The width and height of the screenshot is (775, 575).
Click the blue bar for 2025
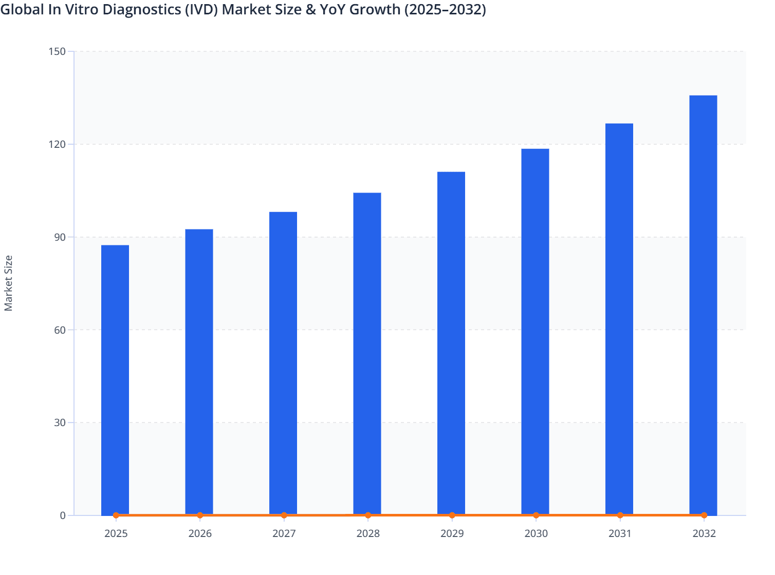click(x=115, y=380)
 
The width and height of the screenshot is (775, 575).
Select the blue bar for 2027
click(x=283, y=363)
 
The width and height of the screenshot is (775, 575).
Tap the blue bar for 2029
click(x=451, y=343)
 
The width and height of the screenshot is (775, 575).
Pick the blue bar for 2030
click(x=535, y=332)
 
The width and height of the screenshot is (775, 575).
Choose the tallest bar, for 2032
click(x=703, y=305)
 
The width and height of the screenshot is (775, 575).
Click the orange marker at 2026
click(x=200, y=515)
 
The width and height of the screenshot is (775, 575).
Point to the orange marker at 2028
click(x=368, y=515)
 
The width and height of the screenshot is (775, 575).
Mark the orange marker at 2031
click(x=620, y=515)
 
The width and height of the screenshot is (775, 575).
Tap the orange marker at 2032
click(x=704, y=515)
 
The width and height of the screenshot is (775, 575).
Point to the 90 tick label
click(x=61, y=237)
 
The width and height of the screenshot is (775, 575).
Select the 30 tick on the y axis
click(x=61, y=423)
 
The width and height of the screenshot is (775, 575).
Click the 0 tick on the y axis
click(x=63, y=515)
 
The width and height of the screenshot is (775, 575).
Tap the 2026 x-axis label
click(x=200, y=533)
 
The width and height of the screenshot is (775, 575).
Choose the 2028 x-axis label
click(x=368, y=533)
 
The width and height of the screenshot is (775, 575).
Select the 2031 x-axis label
click(x=620, y=533)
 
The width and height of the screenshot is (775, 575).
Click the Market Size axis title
click(x=9, y=283)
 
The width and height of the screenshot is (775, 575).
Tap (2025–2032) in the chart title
click(x=445, y=9)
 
